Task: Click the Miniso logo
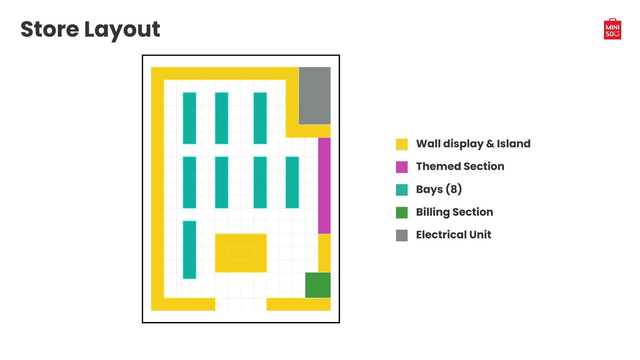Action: click(612, 29)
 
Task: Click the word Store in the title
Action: click(50, 29)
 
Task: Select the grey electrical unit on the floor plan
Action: click(314, 96)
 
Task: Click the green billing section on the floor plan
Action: click(318, 285)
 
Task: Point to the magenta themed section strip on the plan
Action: click(324, 185)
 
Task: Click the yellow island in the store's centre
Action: click(241, 253)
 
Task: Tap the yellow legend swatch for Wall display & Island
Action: click(402, 144)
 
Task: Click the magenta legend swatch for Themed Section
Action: click(402, 167)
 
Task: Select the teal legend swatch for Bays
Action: click(402, 190)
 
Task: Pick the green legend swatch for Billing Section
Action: click(402, 213)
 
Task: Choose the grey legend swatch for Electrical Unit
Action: click(402, 235)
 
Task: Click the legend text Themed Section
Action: click(460, 166)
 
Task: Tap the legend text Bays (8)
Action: click(439, 189)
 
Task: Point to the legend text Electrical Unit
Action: click(453, 235)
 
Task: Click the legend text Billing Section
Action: click(454, 212)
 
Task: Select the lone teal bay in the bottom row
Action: click(189, 250)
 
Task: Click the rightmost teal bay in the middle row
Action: click(292, 182)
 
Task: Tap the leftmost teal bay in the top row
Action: click(189, 118)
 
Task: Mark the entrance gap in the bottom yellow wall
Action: click(241, 304)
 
